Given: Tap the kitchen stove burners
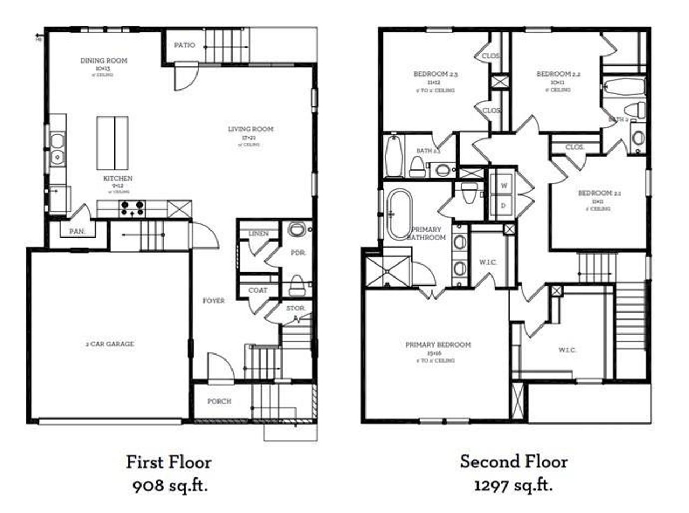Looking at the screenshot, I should coord(132,208).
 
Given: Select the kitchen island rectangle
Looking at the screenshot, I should coord(113,143).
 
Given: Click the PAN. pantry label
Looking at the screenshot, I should coord(76,231).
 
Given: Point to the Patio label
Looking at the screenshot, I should coord(185,45).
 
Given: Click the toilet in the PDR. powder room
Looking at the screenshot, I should coord(297,286).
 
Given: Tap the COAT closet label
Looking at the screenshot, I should coord(258,290).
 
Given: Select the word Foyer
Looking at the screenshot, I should coord(214,300).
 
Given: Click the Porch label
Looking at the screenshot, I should coord(220,401).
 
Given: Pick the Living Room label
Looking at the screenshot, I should coord(250,129).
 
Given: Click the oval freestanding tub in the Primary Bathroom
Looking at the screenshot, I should coord(399,214).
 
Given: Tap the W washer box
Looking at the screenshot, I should coord(504,185).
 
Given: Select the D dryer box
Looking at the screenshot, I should coord(504,205).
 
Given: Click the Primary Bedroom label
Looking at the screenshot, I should coord(438,345).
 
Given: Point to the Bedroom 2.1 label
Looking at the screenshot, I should coord(595,193).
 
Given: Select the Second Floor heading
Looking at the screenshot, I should coord(514,462).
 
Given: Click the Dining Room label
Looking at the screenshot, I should coord(104,61).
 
